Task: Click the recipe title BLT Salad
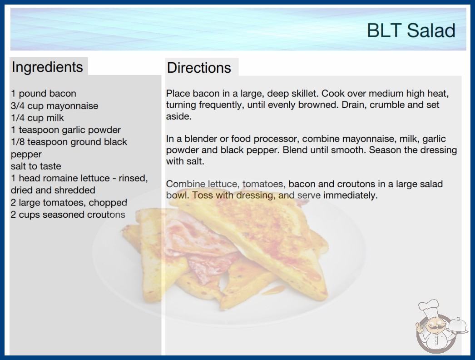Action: click(411, 30)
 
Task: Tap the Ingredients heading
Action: click(47, 67)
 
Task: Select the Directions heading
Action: click(199, 68)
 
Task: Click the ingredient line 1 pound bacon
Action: click(44, 94)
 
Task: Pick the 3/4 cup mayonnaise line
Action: click(54, 106)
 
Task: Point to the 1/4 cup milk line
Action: click(37, 118)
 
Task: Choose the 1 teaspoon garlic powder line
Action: click(66, 130)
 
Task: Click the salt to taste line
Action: click(36, 166)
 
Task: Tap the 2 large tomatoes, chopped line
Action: click(69, 202)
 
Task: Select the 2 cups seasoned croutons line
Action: click(68, 215)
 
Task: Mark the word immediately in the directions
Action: click(351, 195)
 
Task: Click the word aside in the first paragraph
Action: click(179, 116)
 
